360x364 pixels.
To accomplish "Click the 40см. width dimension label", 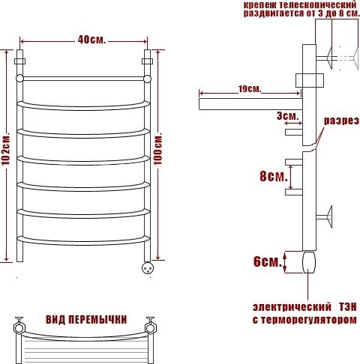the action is pos(91,40).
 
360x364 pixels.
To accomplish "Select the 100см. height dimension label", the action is pos(157,151).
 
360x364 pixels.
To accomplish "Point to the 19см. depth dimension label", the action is pos(250,89).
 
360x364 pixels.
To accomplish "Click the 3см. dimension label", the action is pos(287,116).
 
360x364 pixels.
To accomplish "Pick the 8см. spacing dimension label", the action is pos(274,177).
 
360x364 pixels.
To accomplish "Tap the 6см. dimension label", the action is pos(268,262).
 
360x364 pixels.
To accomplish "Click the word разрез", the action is pos(342,121).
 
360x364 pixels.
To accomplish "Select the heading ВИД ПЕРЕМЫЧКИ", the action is pos(86,320).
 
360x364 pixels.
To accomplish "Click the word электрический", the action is pos(292,307).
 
